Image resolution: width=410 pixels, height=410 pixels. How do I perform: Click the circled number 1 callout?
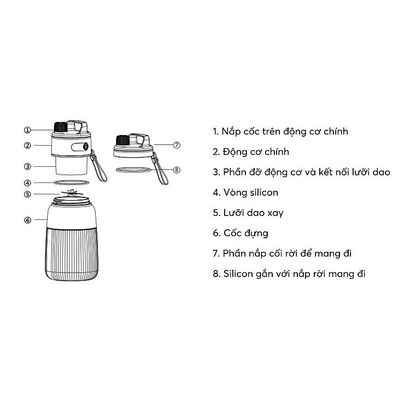point(27,130)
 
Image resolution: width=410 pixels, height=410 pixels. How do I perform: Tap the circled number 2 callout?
point(27,145)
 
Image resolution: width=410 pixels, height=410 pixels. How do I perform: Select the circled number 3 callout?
point(27,166)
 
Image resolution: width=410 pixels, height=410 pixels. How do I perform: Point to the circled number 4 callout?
point(27,183)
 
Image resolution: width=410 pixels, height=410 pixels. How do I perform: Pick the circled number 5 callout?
point(27,194)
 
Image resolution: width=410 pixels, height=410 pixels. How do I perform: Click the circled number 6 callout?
point(27,220)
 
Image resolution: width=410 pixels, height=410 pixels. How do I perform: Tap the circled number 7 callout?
point(177,145)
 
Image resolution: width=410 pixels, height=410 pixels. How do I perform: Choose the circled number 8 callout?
point(177,170)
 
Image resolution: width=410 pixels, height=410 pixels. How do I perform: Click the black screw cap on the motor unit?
point(61,127)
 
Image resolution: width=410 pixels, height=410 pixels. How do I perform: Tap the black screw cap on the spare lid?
point(122,140)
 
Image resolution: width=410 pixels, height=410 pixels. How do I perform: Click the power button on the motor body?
point(85,147)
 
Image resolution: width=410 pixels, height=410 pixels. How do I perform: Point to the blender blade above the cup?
point(72,194)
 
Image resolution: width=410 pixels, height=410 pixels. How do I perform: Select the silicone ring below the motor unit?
point(72,182)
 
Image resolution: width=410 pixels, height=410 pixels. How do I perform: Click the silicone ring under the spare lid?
point(133,170)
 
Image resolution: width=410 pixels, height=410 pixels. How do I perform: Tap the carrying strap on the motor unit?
point(98,166)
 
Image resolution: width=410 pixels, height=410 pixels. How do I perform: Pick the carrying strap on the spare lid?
point(160,169)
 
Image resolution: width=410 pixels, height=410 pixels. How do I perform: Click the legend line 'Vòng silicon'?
point(245,193)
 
